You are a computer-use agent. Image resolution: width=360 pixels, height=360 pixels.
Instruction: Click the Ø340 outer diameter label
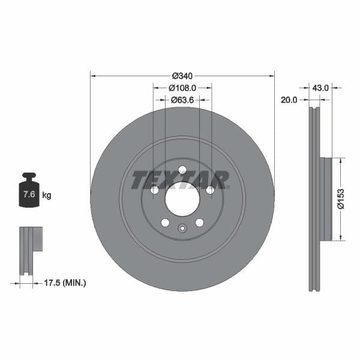[182, 76]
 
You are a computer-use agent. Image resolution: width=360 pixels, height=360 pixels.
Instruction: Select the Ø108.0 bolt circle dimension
[182, 88]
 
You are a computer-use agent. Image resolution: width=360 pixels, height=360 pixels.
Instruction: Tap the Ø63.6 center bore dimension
[182, 100]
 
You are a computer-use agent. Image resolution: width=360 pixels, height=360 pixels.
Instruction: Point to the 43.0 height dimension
[320, 88]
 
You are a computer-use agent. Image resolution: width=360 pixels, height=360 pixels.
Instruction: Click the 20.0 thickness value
[289, 100]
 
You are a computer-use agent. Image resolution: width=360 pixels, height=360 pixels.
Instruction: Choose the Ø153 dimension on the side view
[340, 199]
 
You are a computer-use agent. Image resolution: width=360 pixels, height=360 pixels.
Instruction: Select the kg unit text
[47, 195]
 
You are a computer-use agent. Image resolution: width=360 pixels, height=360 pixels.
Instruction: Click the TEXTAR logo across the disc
[180, 179]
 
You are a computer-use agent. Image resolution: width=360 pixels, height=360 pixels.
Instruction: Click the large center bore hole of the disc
[182, 199]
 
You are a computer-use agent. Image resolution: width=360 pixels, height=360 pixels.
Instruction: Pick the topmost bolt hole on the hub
[182, 170]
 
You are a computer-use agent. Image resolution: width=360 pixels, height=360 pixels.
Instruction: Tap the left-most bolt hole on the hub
[154, 190]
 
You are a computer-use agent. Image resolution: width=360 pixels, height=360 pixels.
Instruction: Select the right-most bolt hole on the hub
[210, 190]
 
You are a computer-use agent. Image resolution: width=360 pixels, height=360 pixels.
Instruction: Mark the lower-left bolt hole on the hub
[165, 223]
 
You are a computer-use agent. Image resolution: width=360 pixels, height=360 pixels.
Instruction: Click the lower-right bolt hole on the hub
[199, 223]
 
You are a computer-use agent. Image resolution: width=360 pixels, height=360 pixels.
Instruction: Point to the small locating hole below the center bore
[182, 227]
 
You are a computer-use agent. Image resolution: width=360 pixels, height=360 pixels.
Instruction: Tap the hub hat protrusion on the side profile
[325, 199]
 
